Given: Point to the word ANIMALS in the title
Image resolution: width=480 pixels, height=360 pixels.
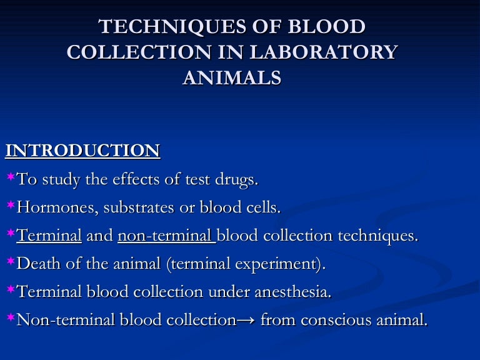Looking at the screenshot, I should pyautogui.click(x=231, y=78).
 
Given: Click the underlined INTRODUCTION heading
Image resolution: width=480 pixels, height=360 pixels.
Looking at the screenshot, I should pyautogui.click(x=82, y=151).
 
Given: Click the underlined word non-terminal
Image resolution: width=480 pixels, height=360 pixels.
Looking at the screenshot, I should pyautogui.click(x=166, y=236).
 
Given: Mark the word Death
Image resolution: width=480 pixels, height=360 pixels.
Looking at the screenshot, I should pyautogui.click(x=36, y=264).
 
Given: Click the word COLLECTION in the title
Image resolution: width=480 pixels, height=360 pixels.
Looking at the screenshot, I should pyautogui.click(x=126, y=52).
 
